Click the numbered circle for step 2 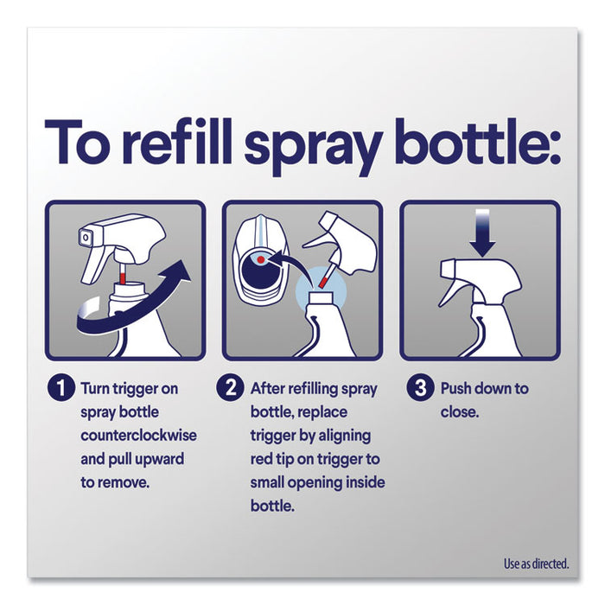point(230,389)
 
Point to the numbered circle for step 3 point(420,389)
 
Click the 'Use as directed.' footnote point(536,564)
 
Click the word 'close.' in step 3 point(459,412)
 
